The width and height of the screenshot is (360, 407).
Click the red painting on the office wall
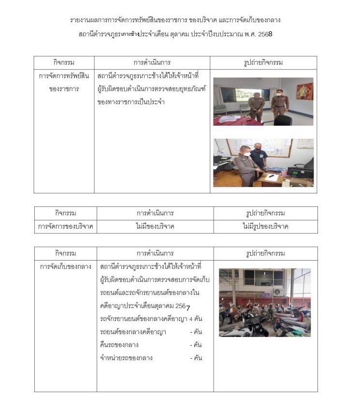pyautogui.click(x=304, y=91)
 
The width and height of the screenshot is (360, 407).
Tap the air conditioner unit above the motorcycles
pyautogui.click(x=278, y=291)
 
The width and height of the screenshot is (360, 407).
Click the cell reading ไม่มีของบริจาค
pyautogui.click(x=155, y=226)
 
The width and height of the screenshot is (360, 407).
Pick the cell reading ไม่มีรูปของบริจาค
pyautogui.click(x=265, y=226)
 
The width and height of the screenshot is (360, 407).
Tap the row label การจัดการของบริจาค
pyautogui.click(x=65, y=226)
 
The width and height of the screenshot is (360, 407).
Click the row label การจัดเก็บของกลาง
pyautogui.click(x=65, y=267)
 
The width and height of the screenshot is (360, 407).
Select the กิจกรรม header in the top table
pyautogui.click(x=64, y=63)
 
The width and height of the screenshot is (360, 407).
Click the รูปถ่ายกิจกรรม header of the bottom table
pyautogui.click(x=265, y=253)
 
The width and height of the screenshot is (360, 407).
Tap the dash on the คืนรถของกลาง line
pyautogui.click(x=190, y=345)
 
